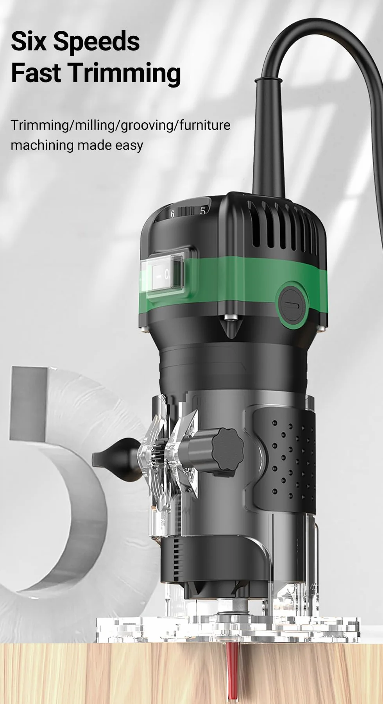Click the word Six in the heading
pos(29,41)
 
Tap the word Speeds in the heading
pos(97,42)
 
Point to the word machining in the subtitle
pos(42,145)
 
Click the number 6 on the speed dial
pos(172,214)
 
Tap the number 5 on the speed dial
pos(202,211)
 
